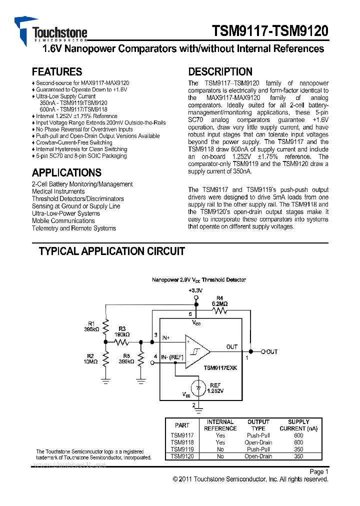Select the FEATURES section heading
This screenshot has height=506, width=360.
(57, 71)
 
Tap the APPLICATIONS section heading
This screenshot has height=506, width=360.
(66, 173)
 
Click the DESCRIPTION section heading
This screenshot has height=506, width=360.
(220, 71)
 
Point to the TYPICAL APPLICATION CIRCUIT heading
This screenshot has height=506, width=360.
(112, 251)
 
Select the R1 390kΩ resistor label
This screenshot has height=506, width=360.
(91, 326)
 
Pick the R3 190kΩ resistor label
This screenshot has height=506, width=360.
(122, 331)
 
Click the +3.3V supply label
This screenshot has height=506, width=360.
(195, 290)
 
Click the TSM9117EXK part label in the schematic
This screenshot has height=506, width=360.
(220, 367)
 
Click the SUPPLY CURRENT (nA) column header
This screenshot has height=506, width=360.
(298, 425)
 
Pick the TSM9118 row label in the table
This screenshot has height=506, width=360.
(182, 442)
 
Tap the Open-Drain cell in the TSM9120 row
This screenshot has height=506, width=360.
(258, 456)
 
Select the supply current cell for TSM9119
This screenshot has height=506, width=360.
(298, 449)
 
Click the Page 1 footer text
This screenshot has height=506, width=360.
(318, 471)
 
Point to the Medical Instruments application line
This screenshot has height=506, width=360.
(58, 191)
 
